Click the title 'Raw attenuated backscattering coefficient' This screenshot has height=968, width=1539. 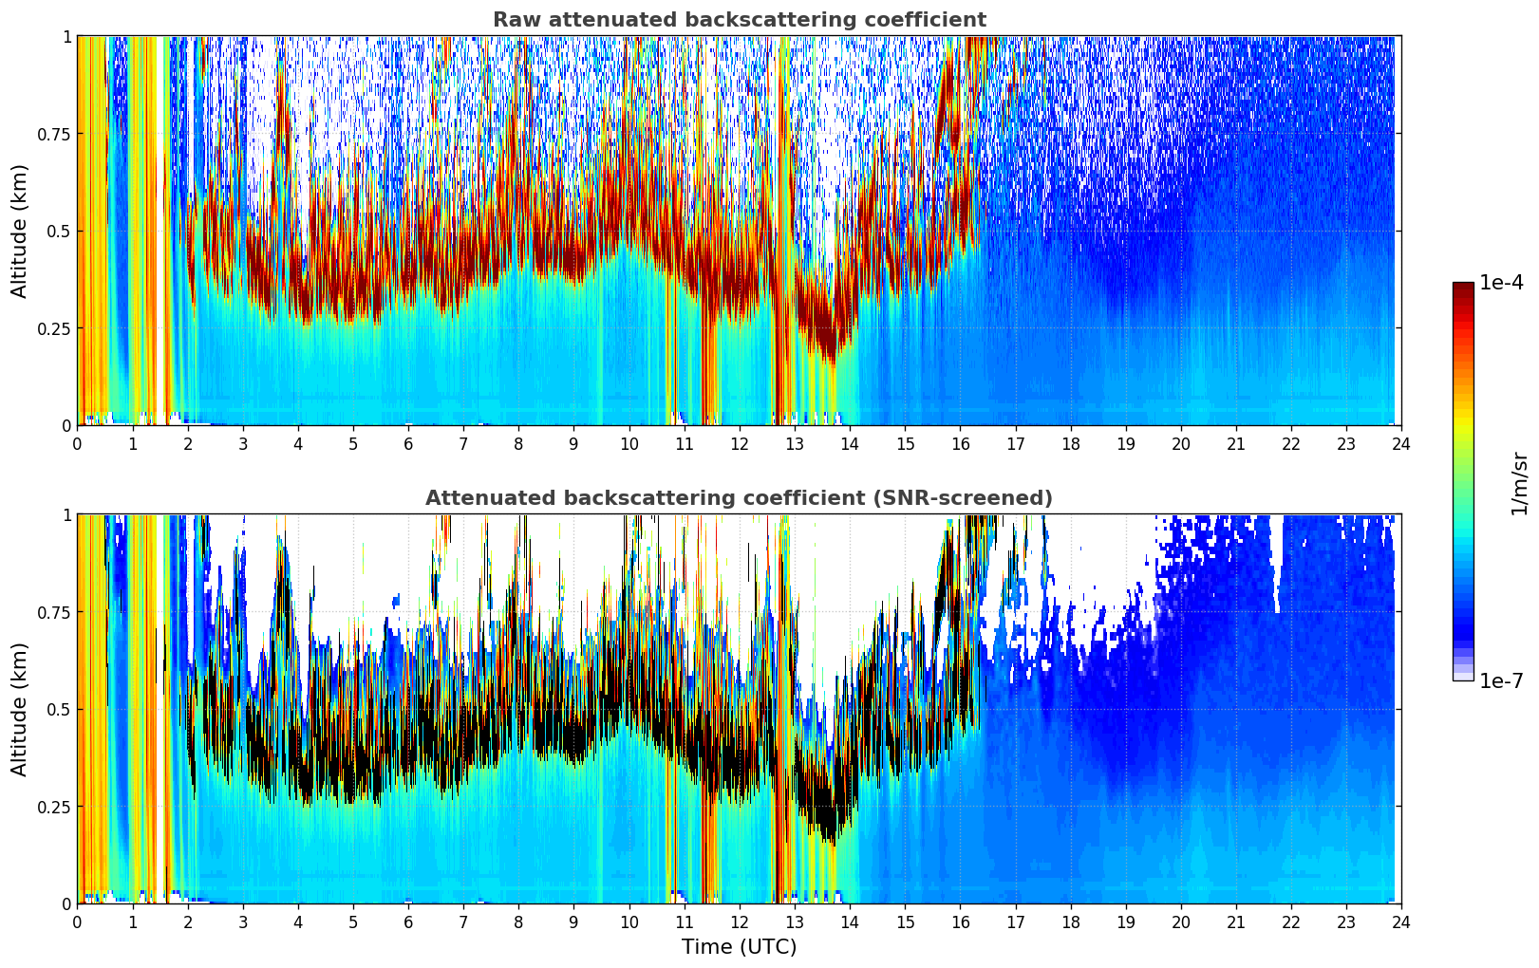point(739,20)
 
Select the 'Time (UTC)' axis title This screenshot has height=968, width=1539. point(739,946)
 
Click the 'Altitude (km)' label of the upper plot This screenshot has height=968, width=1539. point(20,231)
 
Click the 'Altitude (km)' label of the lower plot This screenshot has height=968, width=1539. point(20,709)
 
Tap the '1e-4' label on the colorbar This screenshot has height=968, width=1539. point(1501,284)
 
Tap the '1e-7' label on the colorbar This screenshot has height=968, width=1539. point(1501,680)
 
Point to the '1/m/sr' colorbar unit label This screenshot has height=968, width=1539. point(1519,483)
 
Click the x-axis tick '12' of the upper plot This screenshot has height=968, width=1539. point(739,443)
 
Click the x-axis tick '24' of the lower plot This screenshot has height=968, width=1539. point(1400,921)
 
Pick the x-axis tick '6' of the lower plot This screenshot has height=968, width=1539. point(408,921)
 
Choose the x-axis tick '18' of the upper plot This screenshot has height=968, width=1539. point(1070,443)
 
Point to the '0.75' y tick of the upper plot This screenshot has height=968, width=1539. point(54,134)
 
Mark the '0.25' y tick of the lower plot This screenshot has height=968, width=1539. point(54,807)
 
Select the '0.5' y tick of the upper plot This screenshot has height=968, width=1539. point(59,231)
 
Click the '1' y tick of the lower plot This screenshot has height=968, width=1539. point(66,515)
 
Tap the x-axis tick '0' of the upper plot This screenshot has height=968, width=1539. point(77,443)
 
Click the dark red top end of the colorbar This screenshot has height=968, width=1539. point(1463,287)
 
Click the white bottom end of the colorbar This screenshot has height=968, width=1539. point(1463,677)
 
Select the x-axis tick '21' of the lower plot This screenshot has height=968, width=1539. point(1235,921)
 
